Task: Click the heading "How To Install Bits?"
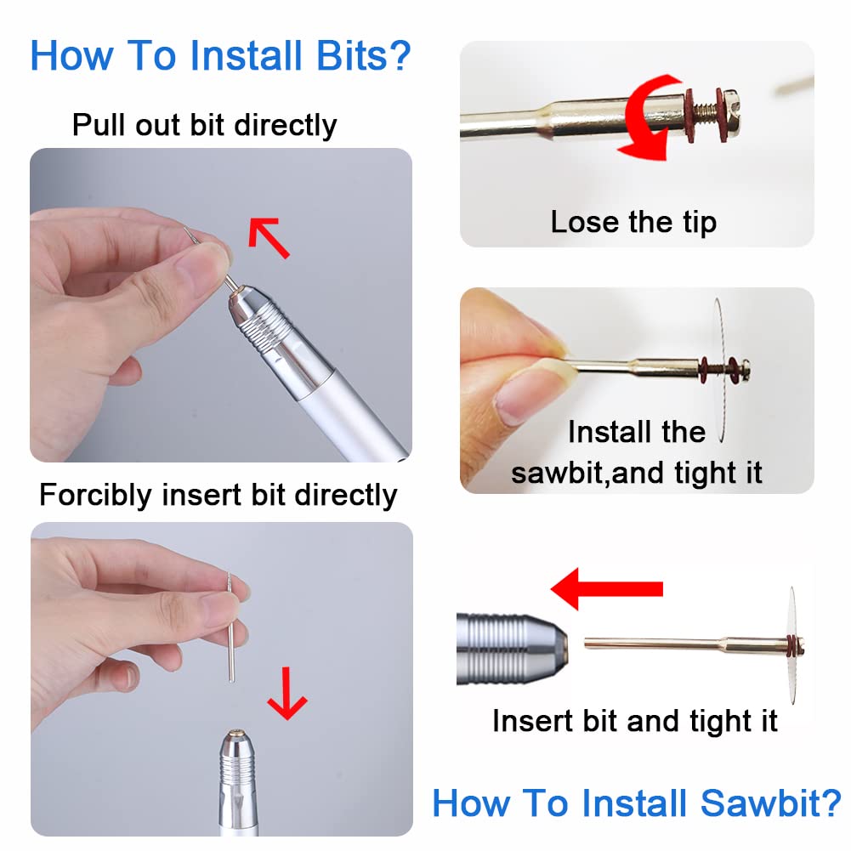tap(220, 55)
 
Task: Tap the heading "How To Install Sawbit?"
tap(636, 803)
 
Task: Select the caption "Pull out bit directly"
tap(204, 125)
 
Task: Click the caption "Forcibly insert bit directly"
tap(218, 495)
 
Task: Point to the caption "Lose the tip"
tap(633, 223)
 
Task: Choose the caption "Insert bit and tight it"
tap(634, 722)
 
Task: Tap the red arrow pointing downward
tap(287, 690)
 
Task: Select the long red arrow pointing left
tap(606, 588)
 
